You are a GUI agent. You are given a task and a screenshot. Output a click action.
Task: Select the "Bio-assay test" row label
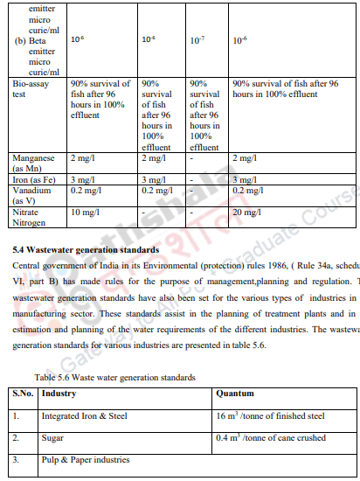(34, 88)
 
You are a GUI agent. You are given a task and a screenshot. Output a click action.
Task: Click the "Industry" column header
(59, 394)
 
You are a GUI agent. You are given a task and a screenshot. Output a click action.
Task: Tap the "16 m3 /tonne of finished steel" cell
(270, 416)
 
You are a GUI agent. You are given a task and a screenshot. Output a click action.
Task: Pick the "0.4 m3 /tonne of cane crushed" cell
(271, 437)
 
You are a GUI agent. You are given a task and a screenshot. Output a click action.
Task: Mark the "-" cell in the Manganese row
(191, 157)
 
